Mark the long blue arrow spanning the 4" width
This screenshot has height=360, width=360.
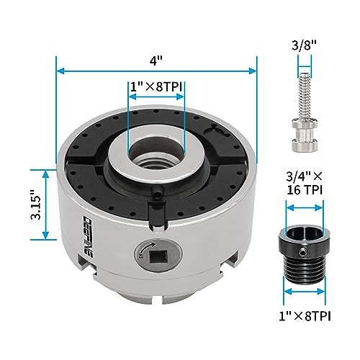click(x=156, y=71)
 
